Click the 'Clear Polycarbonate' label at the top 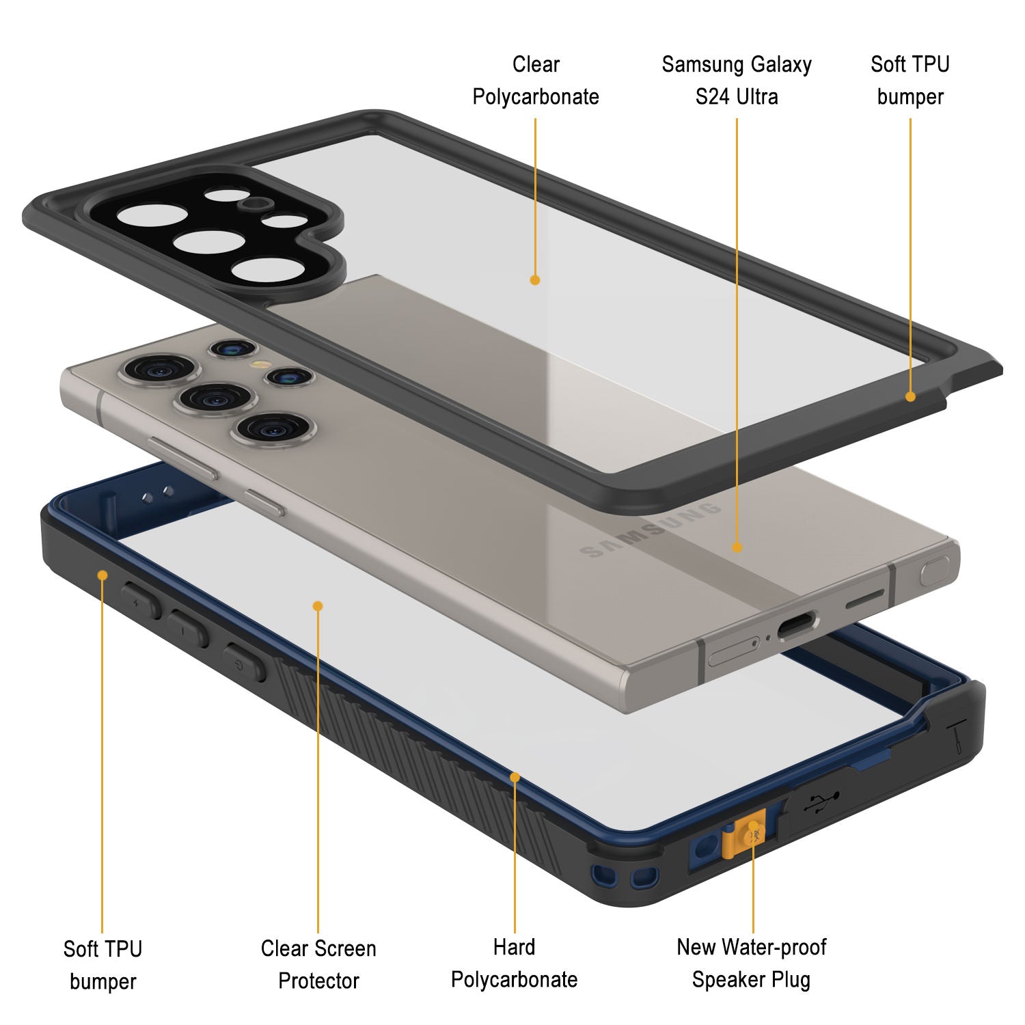[536, 81]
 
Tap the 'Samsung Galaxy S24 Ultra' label [737, 81]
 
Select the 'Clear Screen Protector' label [318, 964]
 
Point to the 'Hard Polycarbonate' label [515, 963]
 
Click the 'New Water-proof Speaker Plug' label [751, 963]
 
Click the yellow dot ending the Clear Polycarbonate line [535, 279]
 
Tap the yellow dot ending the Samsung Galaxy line [737, 547]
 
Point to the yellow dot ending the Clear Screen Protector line [318, 605]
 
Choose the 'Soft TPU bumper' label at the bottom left [102, 965]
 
